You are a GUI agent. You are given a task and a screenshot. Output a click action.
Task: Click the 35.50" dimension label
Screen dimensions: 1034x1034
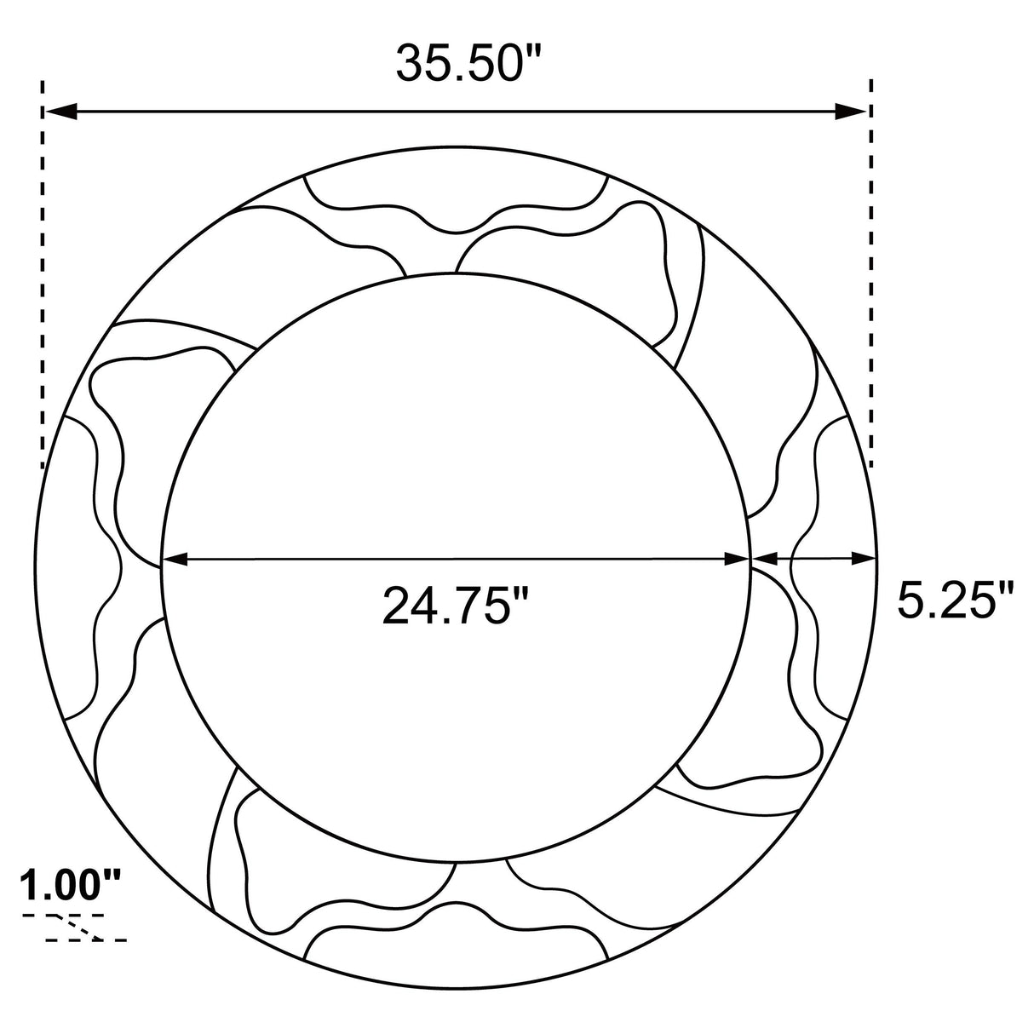point(469,63)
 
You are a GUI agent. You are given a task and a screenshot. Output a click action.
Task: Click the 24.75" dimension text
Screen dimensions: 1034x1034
point(457,605)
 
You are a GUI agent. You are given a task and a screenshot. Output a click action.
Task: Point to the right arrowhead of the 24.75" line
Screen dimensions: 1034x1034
point(737,559)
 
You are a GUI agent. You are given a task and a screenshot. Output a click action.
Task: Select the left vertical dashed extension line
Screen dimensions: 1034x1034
point(42,273)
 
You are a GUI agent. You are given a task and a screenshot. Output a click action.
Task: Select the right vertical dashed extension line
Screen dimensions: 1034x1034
point(871,273)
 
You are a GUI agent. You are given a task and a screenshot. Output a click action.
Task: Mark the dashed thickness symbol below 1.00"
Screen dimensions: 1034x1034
point(75,927)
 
